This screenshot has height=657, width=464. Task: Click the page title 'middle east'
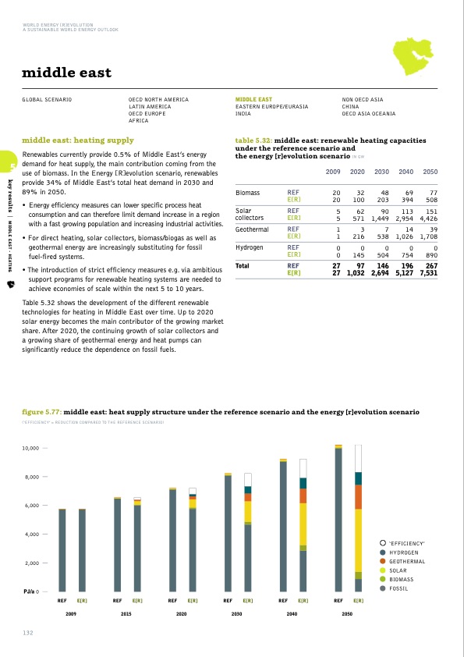tap(66, 73)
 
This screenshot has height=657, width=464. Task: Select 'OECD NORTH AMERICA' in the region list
tap(158, 100)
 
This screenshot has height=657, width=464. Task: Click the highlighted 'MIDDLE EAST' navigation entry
tap(253, 100)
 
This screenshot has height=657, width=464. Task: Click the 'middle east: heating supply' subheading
tap(77, 140)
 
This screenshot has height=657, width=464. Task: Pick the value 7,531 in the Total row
tap(429, 273)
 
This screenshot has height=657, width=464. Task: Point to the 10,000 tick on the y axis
tap(30, 449)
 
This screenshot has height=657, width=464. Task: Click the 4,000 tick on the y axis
tap(33, 534)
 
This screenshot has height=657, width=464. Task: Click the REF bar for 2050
tap(338, 519)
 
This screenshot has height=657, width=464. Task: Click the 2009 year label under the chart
tap(72, 615)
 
